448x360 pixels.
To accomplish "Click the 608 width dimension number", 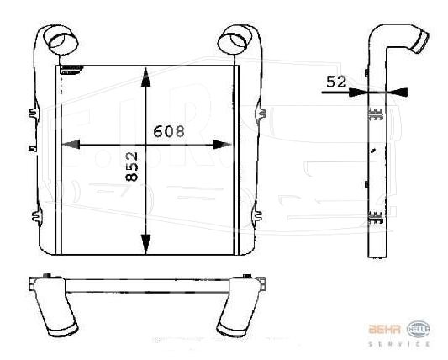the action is pos(169,131).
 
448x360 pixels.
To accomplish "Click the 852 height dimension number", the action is pos(132,167).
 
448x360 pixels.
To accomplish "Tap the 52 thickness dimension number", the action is pos(336,82).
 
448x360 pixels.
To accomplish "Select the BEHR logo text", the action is pos(384,329).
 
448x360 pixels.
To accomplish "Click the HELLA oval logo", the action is pos(419,329).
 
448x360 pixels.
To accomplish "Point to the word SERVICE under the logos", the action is pos(399,344).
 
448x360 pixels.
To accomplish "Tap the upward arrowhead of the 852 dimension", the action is pos(145,77).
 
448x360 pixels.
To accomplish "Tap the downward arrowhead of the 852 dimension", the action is pos(145,243).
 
